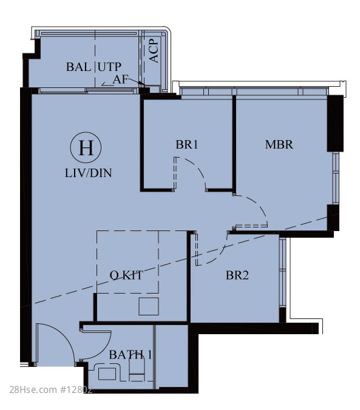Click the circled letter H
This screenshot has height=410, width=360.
[x=86, y=148]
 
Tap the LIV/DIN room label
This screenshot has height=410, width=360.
[x=88, y=173]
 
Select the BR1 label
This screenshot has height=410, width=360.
[x=186, y=144]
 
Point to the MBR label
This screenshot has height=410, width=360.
[x=279, y=144]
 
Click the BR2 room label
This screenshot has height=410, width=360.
[x=237, y=275]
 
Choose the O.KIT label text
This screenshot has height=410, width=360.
[x=126, y=275]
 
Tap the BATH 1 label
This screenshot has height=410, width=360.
[x=130, y=355]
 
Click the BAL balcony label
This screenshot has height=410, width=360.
[x=78, y=67]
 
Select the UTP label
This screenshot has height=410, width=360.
[x=109, y=67]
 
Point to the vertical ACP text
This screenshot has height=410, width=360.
[x=154, y=51]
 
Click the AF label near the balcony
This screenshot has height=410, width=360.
[x=121, y=79]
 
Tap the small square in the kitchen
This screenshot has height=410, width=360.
[x=149, y=306]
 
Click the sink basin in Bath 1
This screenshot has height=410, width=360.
[x=107, y=374]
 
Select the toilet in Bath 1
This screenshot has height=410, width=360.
[x=137, y=369]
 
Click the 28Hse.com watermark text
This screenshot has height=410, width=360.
[x=33, y=390]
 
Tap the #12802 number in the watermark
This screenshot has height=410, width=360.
[x=76, y=390]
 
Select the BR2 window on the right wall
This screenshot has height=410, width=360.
[x=282, y=272]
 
